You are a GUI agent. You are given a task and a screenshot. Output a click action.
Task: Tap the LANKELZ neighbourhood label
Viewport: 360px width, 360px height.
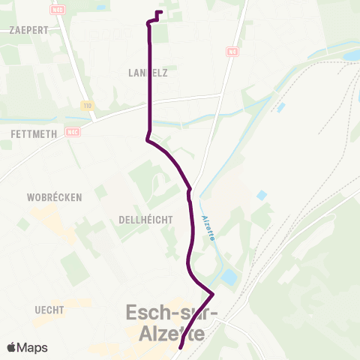(x=148, y=73)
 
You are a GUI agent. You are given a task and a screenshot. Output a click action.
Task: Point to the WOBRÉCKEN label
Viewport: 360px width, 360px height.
(x=54, y=196)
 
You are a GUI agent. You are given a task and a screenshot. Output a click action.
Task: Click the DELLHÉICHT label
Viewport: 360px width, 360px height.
(x=145, y=219)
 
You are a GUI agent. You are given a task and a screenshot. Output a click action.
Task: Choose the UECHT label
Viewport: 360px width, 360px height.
(x=49, y=309)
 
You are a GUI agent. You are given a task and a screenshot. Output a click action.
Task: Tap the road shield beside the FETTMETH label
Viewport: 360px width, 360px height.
(x=73, y=133)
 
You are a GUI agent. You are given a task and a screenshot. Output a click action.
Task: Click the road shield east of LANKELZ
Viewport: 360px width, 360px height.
(x=232, y=52)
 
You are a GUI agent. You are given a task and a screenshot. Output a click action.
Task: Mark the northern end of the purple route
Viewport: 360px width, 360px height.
(x=161, y=11)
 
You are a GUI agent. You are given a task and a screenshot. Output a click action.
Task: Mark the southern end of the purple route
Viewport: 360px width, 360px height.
(x=181, y=348)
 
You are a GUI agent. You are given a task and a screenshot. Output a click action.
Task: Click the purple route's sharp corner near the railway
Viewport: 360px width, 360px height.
(x=214, y=293)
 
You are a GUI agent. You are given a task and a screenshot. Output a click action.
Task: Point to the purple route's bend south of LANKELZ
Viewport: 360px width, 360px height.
(x=147, y=139)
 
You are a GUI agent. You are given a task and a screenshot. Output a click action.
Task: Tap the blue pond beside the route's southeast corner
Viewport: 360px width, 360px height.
(x=228, y=278)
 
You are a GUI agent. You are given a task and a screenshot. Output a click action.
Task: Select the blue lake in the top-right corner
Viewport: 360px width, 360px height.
(x=351, y=55)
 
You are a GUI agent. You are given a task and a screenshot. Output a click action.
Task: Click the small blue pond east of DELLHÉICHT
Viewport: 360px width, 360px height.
(x=262, y=195)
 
